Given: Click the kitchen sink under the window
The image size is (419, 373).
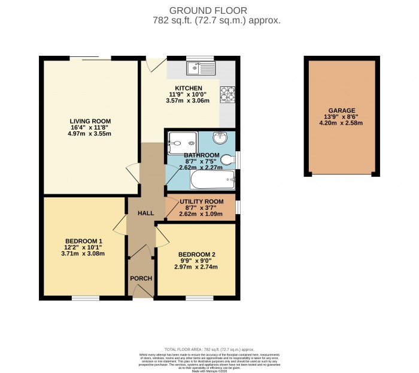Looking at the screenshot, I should pos(201,68).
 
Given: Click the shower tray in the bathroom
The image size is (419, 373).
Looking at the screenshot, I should pos(182,139).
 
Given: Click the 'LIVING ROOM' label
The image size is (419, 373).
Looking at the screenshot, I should pos(90,121).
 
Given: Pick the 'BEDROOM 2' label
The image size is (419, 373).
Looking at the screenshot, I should pos(196,254).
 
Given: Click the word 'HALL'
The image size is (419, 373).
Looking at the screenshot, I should pos(146,213).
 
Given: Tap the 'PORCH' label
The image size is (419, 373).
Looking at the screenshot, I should pos(141,278).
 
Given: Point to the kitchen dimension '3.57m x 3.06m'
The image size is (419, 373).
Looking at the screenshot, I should pos(188,101).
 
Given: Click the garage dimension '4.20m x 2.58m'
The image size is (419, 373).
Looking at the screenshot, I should pos(340,124).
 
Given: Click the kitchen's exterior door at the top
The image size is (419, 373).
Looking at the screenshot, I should pos(156,62).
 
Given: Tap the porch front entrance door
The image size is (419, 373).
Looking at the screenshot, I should pos(141,292).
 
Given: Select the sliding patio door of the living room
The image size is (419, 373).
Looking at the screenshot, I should pos(96,58).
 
